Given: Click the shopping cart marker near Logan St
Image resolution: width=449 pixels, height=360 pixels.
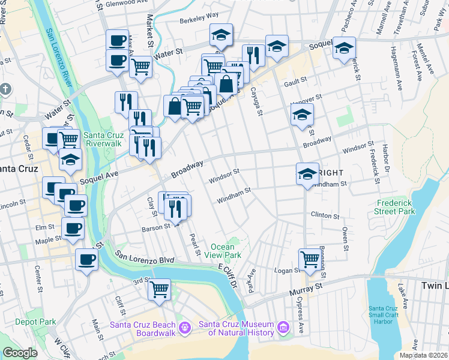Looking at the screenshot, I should (310, 260).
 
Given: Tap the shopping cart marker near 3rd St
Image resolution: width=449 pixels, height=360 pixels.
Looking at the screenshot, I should (160, 290).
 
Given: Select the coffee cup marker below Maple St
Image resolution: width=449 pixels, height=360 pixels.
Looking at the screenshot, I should (86, 260).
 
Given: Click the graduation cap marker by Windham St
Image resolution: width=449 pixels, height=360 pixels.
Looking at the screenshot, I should (307, 174).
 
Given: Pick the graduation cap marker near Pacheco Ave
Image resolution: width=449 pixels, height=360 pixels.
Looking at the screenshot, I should (345, 48).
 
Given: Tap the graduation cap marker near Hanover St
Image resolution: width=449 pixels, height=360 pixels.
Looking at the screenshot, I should (303, 114).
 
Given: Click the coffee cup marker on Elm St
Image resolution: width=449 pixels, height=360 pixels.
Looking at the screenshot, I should (73, 228).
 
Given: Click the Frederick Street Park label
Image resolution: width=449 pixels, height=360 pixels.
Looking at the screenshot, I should (396, 208).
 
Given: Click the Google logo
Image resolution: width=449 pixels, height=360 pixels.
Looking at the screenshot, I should (20, 353).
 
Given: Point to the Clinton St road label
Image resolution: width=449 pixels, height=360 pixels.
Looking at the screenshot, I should (326, 215).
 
